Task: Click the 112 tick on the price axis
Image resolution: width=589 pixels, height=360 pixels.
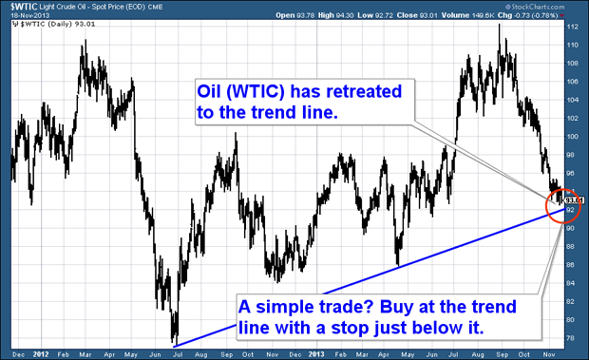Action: (x=573, y=28)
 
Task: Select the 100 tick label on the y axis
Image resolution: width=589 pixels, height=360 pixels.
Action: (x=573, y=137)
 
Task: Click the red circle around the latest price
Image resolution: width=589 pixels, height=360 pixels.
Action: (x=560, y=201)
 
